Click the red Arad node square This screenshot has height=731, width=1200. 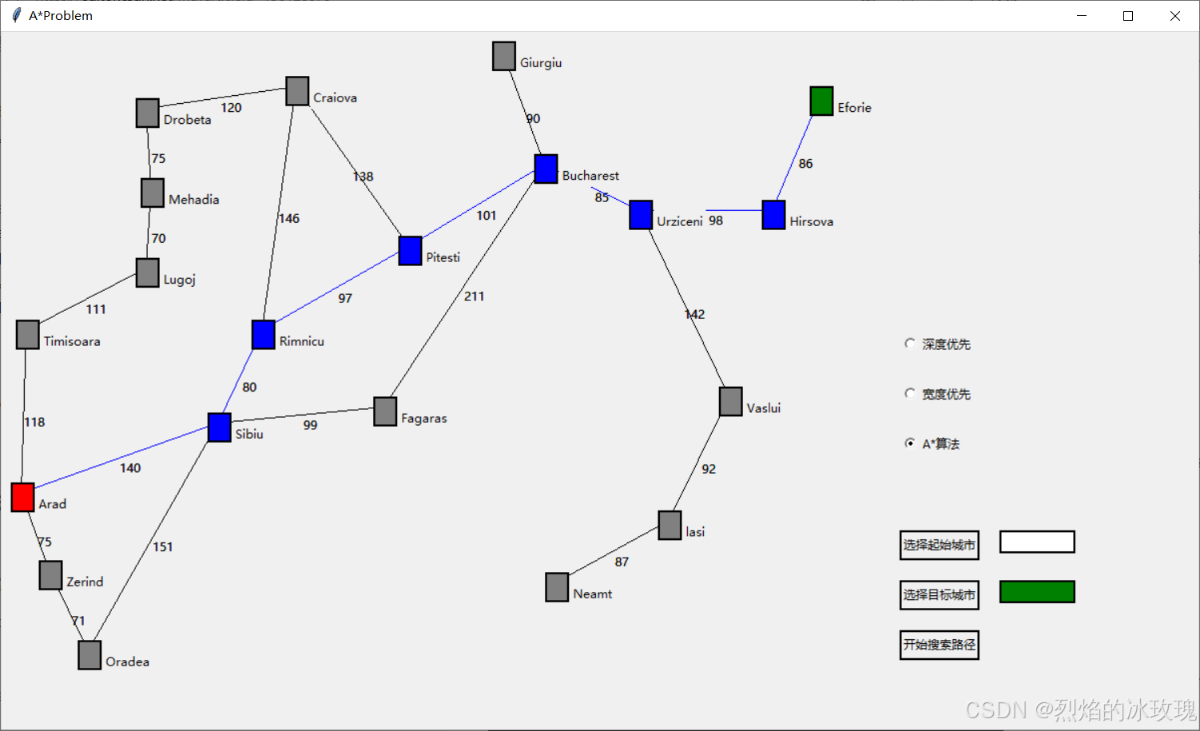click(x=22, y=497)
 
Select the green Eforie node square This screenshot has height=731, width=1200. click(x=821, y=101)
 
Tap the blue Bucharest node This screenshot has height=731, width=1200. click(x=546, y=169)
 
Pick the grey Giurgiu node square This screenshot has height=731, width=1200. click(x=504, y=56)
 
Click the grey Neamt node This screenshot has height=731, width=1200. click(x=557, y=587)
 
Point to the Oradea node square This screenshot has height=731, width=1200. click(x=89, y=655)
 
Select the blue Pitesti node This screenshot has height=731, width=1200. click(x=410, y=251)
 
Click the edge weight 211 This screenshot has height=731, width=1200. click(x=474, y=296)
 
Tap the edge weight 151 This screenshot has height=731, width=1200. click(x=163, y=547)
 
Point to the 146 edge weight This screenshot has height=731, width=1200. click(x=289, y=218)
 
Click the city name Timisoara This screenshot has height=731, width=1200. click(x=72, y=341)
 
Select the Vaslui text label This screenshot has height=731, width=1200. click(x=763, y=408)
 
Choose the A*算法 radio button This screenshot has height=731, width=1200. click(x=910, y=443)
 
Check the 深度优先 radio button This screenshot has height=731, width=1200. click(x=910, y=344)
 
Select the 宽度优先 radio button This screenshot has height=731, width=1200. click(x=910, y=393)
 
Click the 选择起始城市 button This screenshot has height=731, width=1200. click(x=939, y=545)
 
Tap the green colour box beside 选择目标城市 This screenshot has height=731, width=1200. click(x=1037, y=592)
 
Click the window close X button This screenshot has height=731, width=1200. click(x=1174, y=16)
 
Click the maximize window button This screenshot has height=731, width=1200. click(x=1128, y=16)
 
